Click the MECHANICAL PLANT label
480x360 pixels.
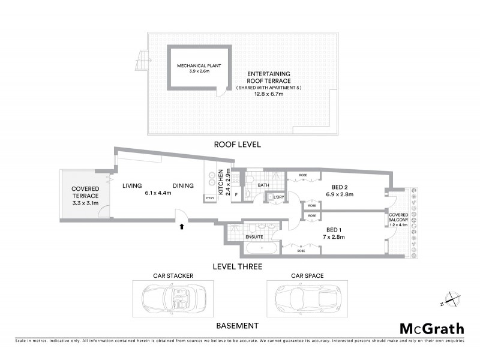193,66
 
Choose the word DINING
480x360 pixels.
184,185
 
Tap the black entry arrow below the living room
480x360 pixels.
182,227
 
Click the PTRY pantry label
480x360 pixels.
209,198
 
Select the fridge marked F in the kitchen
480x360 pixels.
236,194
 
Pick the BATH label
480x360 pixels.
263,185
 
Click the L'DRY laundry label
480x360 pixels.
278,197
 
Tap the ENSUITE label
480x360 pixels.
254,237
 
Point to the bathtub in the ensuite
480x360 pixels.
261,249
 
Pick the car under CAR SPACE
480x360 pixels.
306,296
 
